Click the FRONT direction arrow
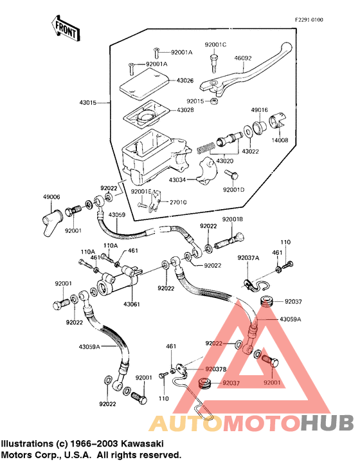[66, 29]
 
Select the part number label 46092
[243, 59]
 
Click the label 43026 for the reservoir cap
[185, 80]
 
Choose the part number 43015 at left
[88, 103]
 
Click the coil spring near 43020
[206, 147]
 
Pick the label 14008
[280, 140]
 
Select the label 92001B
[233, 219]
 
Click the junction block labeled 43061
[117, 281]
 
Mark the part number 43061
[132, 304]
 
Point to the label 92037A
[248, 258]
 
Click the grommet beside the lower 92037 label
[203, 383]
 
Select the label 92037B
[216, 369]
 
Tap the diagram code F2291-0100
[309, 20]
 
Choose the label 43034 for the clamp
[177, 180]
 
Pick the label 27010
[178, 203]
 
